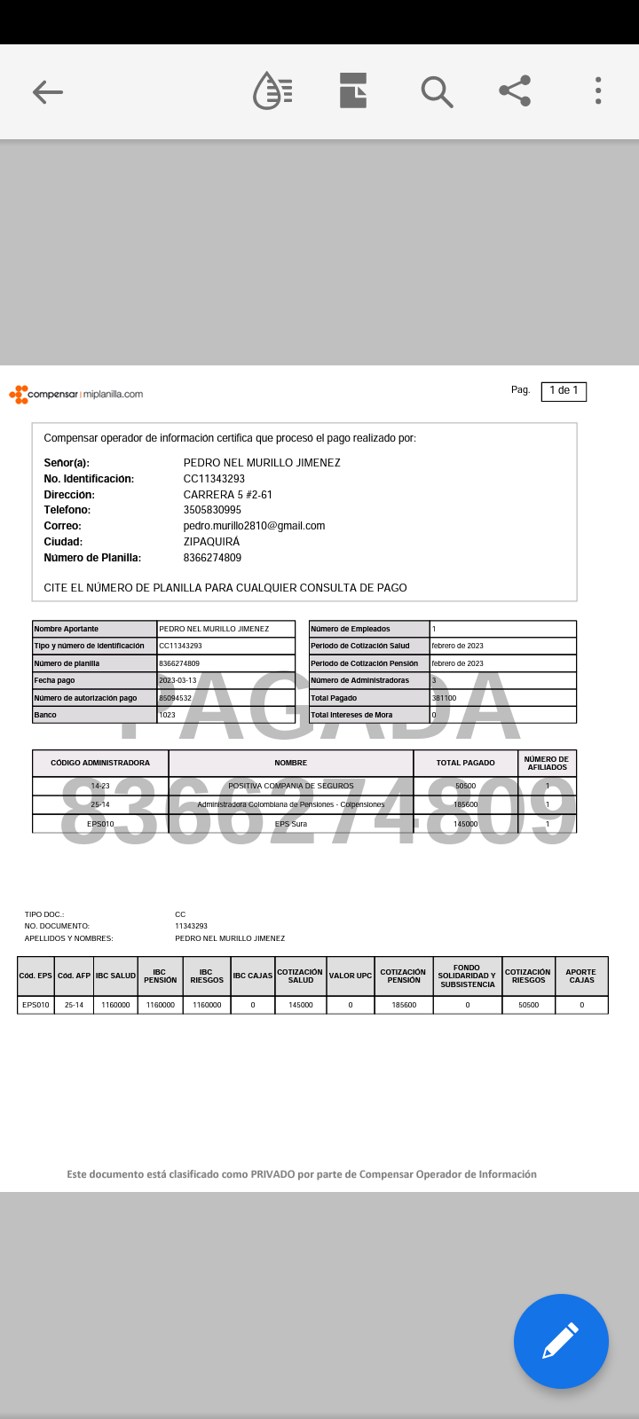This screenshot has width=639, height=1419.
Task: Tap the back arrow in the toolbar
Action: [47, 91]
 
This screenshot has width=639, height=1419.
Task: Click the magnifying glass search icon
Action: [436, 91]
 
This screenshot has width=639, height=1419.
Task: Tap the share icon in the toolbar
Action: [515, 90]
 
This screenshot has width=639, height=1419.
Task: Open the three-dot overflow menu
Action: [598, 90]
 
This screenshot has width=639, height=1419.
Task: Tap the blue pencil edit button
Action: [561, 1341]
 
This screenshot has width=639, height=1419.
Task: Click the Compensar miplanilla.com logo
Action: [76, 394]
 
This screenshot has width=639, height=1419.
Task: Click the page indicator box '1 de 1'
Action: [564, 390]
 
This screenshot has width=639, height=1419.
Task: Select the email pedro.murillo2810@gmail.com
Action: [254, 526]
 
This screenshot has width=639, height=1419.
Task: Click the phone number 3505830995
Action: [212, 510]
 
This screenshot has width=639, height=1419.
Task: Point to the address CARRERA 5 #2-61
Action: [228, 495]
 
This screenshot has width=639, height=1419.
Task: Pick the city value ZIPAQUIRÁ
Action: [211, 542]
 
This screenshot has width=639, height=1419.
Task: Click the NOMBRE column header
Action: [290, 763]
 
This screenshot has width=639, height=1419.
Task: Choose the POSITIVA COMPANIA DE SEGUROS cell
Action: [290, 786]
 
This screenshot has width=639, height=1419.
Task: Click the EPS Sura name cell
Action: [290, 824]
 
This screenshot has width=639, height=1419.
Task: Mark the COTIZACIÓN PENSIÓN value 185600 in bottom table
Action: [404, 1005]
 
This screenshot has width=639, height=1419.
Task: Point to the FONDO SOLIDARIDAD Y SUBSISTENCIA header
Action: [467, 976]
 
